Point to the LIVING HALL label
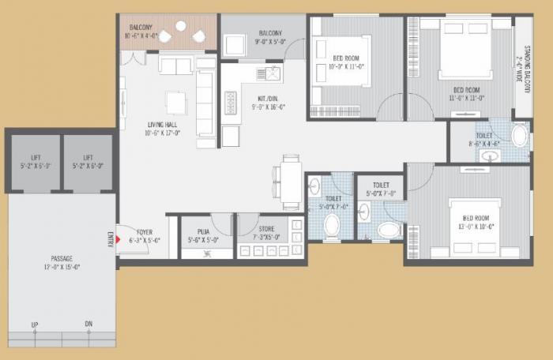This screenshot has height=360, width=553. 164,125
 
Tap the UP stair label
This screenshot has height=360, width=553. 35,324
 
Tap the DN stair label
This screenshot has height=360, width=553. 88,324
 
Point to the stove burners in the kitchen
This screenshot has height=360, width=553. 231,103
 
